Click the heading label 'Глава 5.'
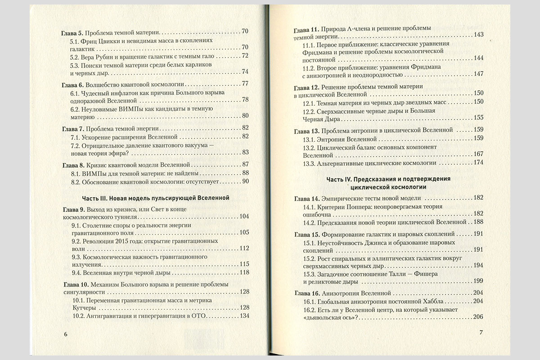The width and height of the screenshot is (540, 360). tap(71, 32)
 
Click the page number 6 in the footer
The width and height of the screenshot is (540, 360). tap(66, 334)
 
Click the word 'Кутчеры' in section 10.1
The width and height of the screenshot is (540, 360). tap(85, 308)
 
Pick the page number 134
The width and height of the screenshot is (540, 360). tap(243, 315)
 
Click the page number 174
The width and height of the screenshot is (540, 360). tap(477, 162)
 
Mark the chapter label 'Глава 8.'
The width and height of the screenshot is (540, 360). tap(71, 165)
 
